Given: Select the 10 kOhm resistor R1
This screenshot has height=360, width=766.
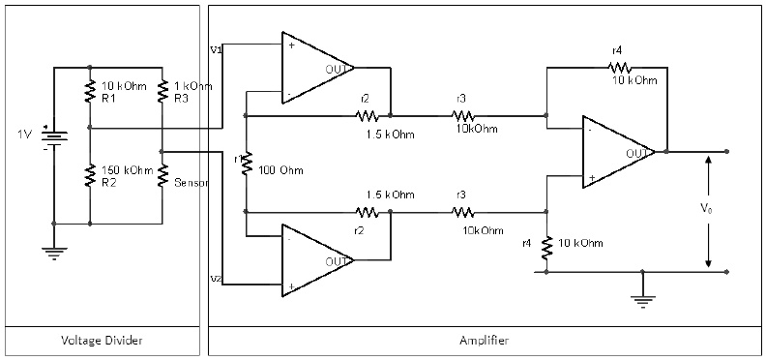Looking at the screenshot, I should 89,92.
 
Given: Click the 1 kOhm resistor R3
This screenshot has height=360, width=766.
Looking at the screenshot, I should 163,92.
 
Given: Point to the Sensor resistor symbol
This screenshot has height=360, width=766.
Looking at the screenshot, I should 163,175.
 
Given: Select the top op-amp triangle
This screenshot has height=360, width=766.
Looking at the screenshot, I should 314,68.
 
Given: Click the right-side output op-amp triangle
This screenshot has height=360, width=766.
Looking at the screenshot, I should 616,152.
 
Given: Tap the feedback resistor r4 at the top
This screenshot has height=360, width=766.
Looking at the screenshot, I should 618,68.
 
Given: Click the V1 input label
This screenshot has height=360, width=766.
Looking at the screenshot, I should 215,47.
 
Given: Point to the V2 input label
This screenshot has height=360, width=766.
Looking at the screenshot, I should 215,279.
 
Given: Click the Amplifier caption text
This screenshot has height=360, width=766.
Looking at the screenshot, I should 484,341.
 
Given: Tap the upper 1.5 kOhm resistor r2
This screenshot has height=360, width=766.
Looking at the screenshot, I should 367,115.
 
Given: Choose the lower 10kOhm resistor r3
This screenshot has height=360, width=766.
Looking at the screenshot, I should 463,212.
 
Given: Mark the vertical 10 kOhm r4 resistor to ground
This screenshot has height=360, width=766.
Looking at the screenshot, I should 546,248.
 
